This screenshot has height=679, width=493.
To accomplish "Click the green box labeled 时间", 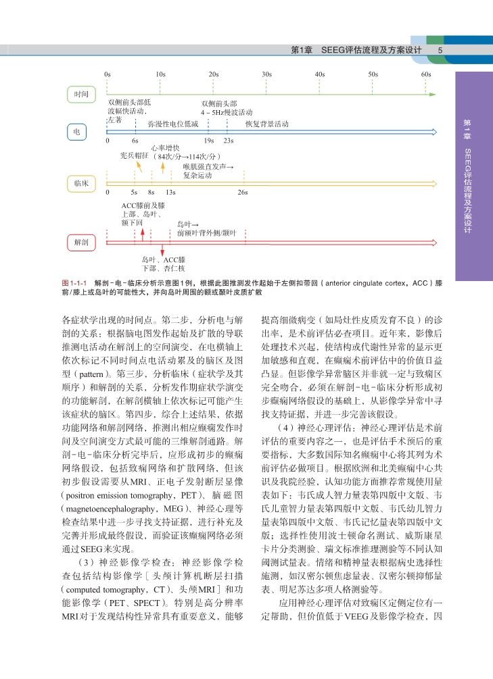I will [x=81, y=93].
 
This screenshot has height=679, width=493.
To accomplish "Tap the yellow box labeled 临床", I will [x=81, y=183].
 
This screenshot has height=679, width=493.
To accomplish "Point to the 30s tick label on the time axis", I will [x=266, y=74].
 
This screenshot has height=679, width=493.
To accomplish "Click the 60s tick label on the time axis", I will [x=426, y=74].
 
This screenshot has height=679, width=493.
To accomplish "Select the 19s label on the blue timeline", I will [x=209, y=141].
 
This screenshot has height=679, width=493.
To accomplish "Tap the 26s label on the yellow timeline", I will [x=243, y=193].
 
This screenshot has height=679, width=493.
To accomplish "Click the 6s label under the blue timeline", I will [x=135, y=141].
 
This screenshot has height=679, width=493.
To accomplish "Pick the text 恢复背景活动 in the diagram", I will [x=266, y=124].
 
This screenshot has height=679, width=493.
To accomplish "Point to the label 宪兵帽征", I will [x=134, y=155].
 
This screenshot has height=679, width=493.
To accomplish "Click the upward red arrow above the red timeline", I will [x=143, y=232].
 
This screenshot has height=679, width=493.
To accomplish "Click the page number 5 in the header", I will [x=440, y=51].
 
